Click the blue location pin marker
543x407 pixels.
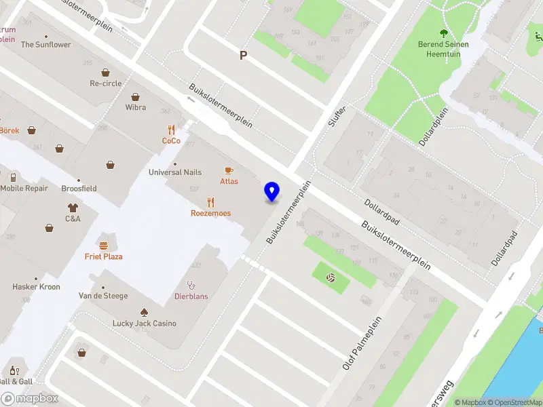271,191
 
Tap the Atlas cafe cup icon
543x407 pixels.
229,170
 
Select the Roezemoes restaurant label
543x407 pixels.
210,213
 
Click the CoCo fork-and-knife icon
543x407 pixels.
171,130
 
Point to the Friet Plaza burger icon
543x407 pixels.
103,246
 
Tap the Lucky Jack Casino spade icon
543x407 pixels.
144,312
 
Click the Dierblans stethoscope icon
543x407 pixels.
191,285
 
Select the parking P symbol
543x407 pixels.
243,56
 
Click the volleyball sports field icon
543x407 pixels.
331,278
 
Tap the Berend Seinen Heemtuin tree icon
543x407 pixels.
444,33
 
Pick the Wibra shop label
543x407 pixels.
136,107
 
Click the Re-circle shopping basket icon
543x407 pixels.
106,72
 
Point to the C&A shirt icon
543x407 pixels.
73,208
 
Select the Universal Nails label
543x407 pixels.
174,172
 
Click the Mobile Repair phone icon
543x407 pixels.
13,177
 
